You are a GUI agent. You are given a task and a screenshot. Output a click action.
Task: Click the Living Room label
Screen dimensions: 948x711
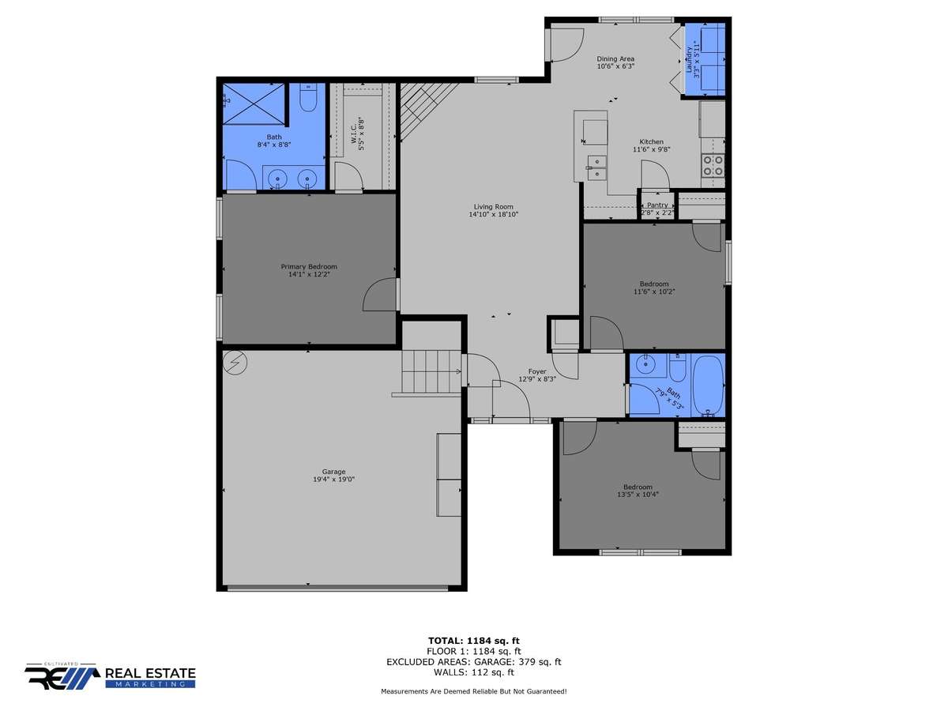point(493,207)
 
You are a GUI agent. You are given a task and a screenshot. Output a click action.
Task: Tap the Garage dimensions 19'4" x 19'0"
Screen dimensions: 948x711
point(333,480)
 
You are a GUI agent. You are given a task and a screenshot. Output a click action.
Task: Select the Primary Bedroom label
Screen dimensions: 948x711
point(309,267)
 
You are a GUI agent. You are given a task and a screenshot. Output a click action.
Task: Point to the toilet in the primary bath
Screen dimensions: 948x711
point(308,97)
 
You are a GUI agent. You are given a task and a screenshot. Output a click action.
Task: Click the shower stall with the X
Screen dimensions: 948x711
point(254,104)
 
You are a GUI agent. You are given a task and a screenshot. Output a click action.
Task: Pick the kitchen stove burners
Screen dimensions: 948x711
point(713,166)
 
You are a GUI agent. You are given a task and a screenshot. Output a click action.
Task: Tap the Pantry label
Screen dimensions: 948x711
point(657,205)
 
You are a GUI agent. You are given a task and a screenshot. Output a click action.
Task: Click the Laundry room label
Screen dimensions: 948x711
point(689,59)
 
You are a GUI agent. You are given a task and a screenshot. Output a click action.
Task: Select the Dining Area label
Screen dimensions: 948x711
point(615,58)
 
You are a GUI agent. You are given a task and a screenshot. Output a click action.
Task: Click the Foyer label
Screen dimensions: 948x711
point(537,371)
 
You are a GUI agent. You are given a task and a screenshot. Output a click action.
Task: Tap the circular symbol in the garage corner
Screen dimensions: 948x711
point(235,363)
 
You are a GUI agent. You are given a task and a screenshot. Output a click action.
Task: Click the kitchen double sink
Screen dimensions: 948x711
point(596,167)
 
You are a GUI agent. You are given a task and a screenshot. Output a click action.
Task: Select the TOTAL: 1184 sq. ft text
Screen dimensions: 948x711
point(474,641)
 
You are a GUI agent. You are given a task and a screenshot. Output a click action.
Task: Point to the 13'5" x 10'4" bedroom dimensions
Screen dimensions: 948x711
point(638,495)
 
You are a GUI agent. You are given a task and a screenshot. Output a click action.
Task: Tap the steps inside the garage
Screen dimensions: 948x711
point(431,371)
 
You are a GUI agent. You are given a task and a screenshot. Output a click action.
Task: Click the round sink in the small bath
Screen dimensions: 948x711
point(645,365)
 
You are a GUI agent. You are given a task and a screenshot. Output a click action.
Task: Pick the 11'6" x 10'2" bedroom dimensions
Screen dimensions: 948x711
point(654,292)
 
